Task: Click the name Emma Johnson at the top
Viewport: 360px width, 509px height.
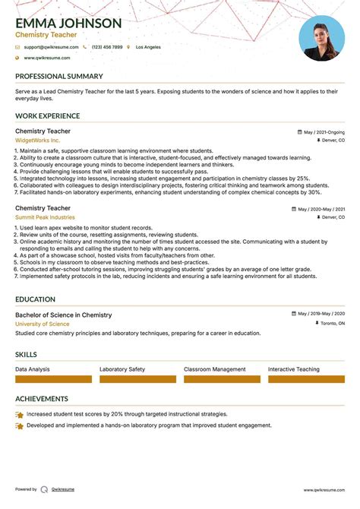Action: [x=68, y=23]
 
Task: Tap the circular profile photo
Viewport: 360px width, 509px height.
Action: [x=322, y=38]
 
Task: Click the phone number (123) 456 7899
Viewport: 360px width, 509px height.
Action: [x=106, y=47]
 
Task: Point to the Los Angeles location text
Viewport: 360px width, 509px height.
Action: [x=148, y=47]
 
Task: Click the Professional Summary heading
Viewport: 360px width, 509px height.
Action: [x=58, y=77]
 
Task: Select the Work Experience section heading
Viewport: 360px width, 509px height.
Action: [x=47, y=116]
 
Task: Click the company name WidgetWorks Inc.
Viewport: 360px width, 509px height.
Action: [x=37, y=141]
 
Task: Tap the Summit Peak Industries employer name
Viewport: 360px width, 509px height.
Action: [x=45, y=217]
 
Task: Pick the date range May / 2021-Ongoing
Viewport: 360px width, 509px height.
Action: [x=324, y=131]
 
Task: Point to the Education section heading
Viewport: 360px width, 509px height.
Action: [x=35, y=300]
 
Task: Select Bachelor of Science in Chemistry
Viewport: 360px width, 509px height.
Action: [x=63, y=315]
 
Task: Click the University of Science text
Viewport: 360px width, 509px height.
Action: [x=42, y=324]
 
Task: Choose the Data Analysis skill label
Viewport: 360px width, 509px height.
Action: [x=33, y=369]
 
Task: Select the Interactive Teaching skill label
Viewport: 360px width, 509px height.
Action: [x=294, y=369]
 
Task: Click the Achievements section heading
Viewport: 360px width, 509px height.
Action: [x=41, y=399]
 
